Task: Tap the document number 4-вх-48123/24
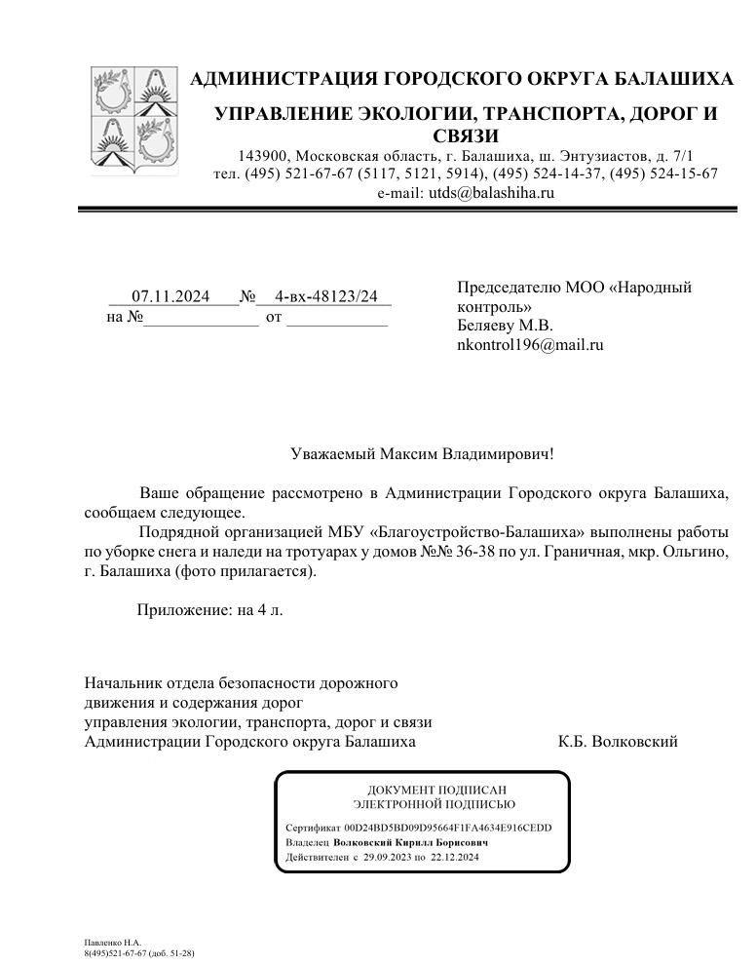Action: [x=326, y=296]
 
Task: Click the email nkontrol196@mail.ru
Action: [x=530, y=344]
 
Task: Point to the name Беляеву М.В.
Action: [x=504, y=326]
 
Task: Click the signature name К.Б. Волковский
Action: [x=618, y=742]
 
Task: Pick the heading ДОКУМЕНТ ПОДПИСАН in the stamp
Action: [x=437, y=790]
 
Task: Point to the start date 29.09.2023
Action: [x=388, y=858]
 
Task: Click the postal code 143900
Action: [x=263, y=156]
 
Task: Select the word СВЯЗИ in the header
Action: [x=465, y=135]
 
